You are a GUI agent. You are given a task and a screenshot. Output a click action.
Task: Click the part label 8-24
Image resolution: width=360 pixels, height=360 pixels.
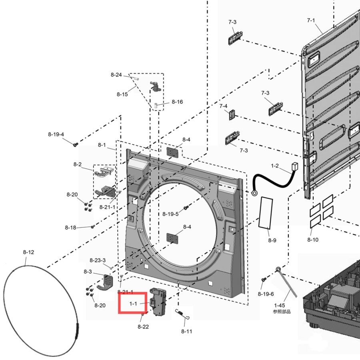click(116, 75)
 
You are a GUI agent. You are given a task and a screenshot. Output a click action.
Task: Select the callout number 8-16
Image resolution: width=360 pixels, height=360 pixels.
click(177, 102)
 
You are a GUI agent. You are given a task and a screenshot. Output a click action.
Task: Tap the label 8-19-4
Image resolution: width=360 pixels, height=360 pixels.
click(56, 134)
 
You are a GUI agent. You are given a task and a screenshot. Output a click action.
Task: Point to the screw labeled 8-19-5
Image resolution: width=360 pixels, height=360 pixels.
click(186, 208)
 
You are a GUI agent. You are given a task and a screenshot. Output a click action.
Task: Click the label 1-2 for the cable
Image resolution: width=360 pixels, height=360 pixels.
click(275, 166)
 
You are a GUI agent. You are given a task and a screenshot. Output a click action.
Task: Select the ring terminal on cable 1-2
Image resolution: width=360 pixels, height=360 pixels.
click(254, 193)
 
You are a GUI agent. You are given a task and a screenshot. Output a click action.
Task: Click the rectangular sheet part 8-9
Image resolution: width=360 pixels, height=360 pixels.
click(266, 213)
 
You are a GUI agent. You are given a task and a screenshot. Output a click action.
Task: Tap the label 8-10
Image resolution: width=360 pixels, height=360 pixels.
click(313, 240)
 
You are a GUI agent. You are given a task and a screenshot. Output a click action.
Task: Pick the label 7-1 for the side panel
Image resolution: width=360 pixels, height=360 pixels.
click(311, 20)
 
